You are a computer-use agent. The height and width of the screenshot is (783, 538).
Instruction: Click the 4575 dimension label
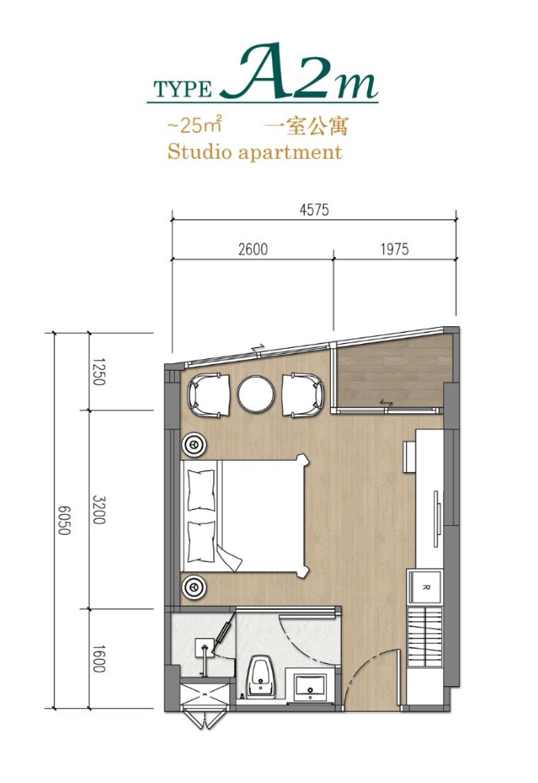click(x=314, y=209)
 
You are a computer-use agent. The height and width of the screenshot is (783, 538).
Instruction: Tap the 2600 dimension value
click(x=253, y=249)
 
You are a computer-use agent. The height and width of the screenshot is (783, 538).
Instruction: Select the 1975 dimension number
click(x=395, y=249)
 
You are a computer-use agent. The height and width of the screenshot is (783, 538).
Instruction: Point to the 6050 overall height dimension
click(x=64, y=520)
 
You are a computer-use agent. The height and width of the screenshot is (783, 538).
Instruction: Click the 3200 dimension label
click(x=99, y=510)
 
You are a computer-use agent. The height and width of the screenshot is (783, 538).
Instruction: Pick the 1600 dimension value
click(x=99, y=659)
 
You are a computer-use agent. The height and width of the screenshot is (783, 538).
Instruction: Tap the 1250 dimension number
click(x=99, y=371)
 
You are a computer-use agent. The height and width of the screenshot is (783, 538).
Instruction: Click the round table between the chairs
click(x=256, y=394)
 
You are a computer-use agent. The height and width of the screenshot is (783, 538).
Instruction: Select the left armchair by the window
click(x=209, y=395)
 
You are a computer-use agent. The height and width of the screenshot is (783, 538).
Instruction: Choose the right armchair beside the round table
click(x=303, y=395)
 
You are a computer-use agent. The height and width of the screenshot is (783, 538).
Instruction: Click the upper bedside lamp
click(x=193, y=444)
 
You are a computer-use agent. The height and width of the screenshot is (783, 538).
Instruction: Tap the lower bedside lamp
click(x=193, y=586)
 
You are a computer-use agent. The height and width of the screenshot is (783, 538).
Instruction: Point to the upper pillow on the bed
click(x=201, y=490)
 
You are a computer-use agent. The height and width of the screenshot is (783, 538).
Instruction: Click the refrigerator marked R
click(x=425, y=588)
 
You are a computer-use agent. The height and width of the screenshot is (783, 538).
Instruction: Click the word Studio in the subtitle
click(x=200, y=151)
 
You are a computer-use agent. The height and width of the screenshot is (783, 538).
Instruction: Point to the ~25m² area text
click(x=194, y=125)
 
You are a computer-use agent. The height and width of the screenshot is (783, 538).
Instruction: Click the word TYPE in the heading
click(x=183, y=89)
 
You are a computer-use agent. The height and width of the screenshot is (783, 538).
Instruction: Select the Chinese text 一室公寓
click(x=305, y=126)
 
